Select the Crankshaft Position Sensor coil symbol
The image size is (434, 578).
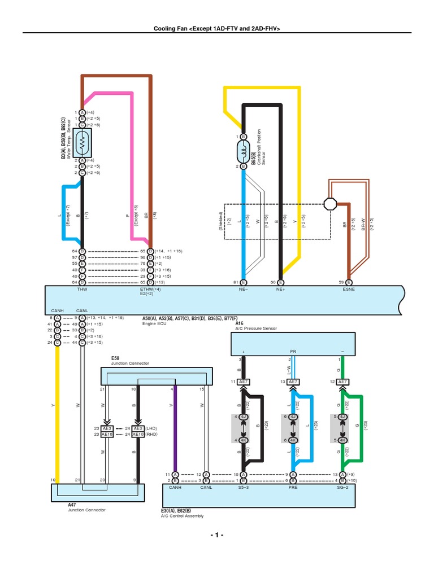(x=243, y=151)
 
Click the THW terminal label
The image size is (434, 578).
(x=82, y=288)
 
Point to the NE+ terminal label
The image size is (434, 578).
(x=280, y=288)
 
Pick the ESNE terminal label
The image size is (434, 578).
(x=348, y=288)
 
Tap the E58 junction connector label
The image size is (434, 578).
(x=116, y=358)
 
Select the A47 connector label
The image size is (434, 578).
(x=72, y=505)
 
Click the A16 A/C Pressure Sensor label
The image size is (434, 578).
(x=240, y=323)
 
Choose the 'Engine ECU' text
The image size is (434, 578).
(x=154, y=324)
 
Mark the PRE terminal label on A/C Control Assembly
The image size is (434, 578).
(x=293, y=487)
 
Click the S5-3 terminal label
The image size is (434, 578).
(x=244, y=487)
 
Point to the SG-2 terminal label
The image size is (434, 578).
(x=342, y=487)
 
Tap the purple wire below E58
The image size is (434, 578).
(x=176, y=429)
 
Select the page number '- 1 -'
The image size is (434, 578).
(x=216, y=535)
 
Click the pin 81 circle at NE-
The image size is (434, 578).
(x=244, y=282)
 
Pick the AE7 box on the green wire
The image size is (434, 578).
(x=342, y=382)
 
